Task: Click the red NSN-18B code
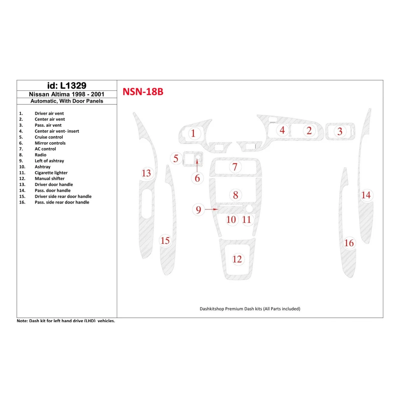coord(143,92)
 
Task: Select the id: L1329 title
coord(67,86)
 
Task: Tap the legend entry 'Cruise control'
coord(49,137)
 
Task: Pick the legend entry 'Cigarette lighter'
coord(51,173)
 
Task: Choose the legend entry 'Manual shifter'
coord(49,179)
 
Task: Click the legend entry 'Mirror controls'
coord(50,143)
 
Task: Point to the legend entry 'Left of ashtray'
coord(49,161)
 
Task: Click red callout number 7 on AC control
coord(235,167)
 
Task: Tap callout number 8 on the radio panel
coord(236,195)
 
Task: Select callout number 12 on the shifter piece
coord(237,259)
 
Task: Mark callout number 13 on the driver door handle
coord(146,173)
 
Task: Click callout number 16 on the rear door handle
coord(349,243)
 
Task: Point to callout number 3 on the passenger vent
coord(340,131)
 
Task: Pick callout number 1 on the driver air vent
coord(193,133)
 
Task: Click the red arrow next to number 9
coord(211,210)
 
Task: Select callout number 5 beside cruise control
coord(176,159)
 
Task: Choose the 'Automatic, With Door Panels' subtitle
coord(67,101)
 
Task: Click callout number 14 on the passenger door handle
coord(366,195)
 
